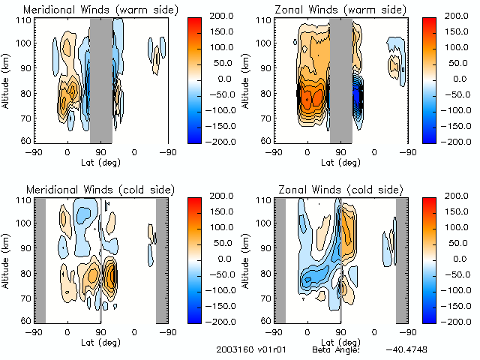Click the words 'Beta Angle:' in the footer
pyautogui.click(x=336, y=350)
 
